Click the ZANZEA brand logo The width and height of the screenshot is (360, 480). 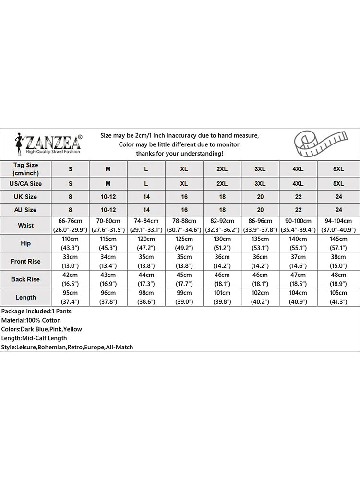tap(48, 144)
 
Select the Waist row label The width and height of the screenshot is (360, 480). tap(26, 225)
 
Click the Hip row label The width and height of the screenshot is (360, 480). tap(26, 243)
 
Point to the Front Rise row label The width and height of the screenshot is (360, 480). tap(26, 262)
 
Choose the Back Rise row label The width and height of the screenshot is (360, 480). tap(26, 279)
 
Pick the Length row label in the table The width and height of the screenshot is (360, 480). tap(26, 298)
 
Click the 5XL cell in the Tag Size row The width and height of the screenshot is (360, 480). tap(338, 169)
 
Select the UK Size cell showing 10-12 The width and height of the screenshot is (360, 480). tap(108, 197)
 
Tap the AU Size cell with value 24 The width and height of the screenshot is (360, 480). tap(338, 210)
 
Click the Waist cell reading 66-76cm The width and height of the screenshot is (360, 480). tap(70, 225)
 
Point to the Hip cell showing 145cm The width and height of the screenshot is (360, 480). tap(338, 243)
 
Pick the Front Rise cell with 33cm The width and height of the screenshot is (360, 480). tap(70, 262)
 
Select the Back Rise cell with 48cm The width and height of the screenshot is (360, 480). tap(338, 279)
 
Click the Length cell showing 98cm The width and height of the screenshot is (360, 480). tap(146, 298)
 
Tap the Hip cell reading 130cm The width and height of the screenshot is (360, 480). tap(222, 243)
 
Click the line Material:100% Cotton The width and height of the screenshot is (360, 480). tap(31, 320)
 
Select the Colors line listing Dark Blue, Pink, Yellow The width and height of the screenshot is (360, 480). tap(42, 329)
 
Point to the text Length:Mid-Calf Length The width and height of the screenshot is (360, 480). tap(34, 338)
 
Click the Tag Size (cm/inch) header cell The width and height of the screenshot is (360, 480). tap(26, 169)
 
